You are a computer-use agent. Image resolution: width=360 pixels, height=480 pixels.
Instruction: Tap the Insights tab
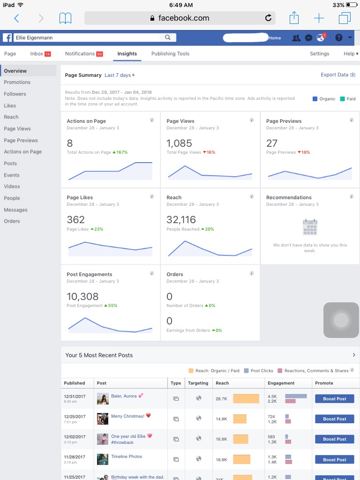[127, 53]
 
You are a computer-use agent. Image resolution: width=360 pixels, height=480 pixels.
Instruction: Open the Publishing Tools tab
[170, 53]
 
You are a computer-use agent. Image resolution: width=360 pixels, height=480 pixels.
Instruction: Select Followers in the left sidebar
[15, 94]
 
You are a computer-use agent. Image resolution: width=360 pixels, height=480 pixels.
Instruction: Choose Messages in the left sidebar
[15, 210]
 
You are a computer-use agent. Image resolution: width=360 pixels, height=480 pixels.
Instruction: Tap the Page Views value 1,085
[179, 143]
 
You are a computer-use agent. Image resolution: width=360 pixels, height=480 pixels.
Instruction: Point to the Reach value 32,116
[181, 219]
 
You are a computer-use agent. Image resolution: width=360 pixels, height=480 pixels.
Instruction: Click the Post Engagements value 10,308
[82, 296]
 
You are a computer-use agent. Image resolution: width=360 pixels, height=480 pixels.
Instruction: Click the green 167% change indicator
[120, 152]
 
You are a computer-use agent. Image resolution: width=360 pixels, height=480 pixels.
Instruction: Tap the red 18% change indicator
[304, 152]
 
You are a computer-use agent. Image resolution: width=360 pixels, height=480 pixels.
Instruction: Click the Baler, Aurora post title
[124, 396]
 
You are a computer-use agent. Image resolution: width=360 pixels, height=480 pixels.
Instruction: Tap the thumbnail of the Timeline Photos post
[103, 459]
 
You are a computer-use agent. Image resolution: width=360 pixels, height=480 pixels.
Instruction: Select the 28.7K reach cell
[221, 398]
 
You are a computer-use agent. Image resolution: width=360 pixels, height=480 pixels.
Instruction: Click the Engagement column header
[281, 383]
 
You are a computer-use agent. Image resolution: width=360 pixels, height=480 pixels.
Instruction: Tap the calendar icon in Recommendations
[310, 227]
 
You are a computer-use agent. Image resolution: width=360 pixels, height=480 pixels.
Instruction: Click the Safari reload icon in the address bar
[268, 18]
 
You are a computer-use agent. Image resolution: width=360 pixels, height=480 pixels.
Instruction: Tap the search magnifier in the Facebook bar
[167, 37]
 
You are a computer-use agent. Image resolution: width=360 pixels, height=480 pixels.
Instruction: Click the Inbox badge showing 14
[47, 54]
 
